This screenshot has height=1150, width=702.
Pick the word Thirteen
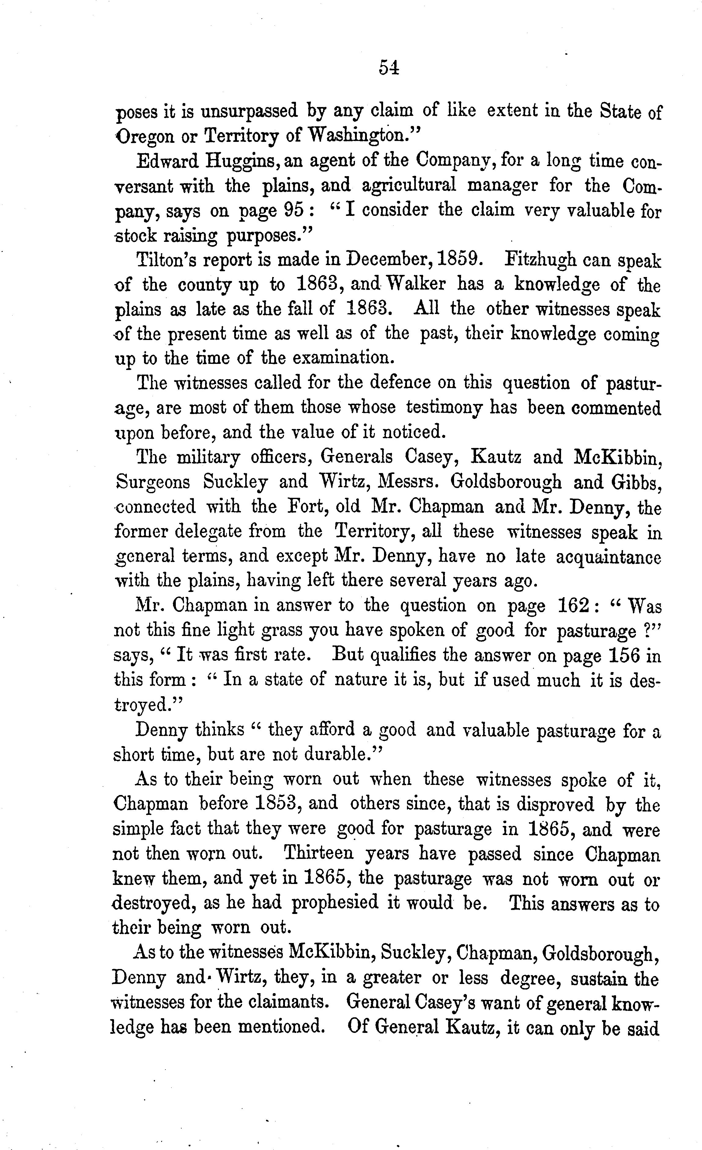coord(319,853)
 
